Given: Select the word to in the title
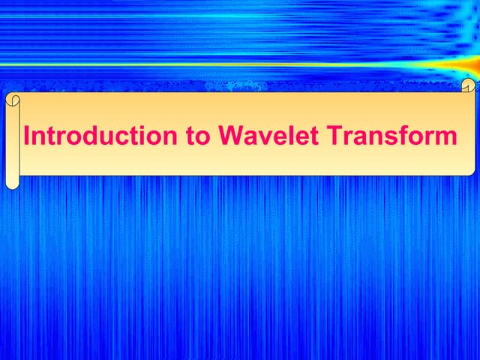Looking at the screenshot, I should pyautogui.click(x=197, y=137).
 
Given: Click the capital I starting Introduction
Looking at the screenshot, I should pyautogui.click(x=27, y=136).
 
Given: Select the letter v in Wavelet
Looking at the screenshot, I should pyautogui.click(x=259, y=139).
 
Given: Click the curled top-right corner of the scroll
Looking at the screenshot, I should pyautogui.click(x=469, y=85).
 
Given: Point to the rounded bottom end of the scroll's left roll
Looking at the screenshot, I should pyautogui.click(x=11, y=183).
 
